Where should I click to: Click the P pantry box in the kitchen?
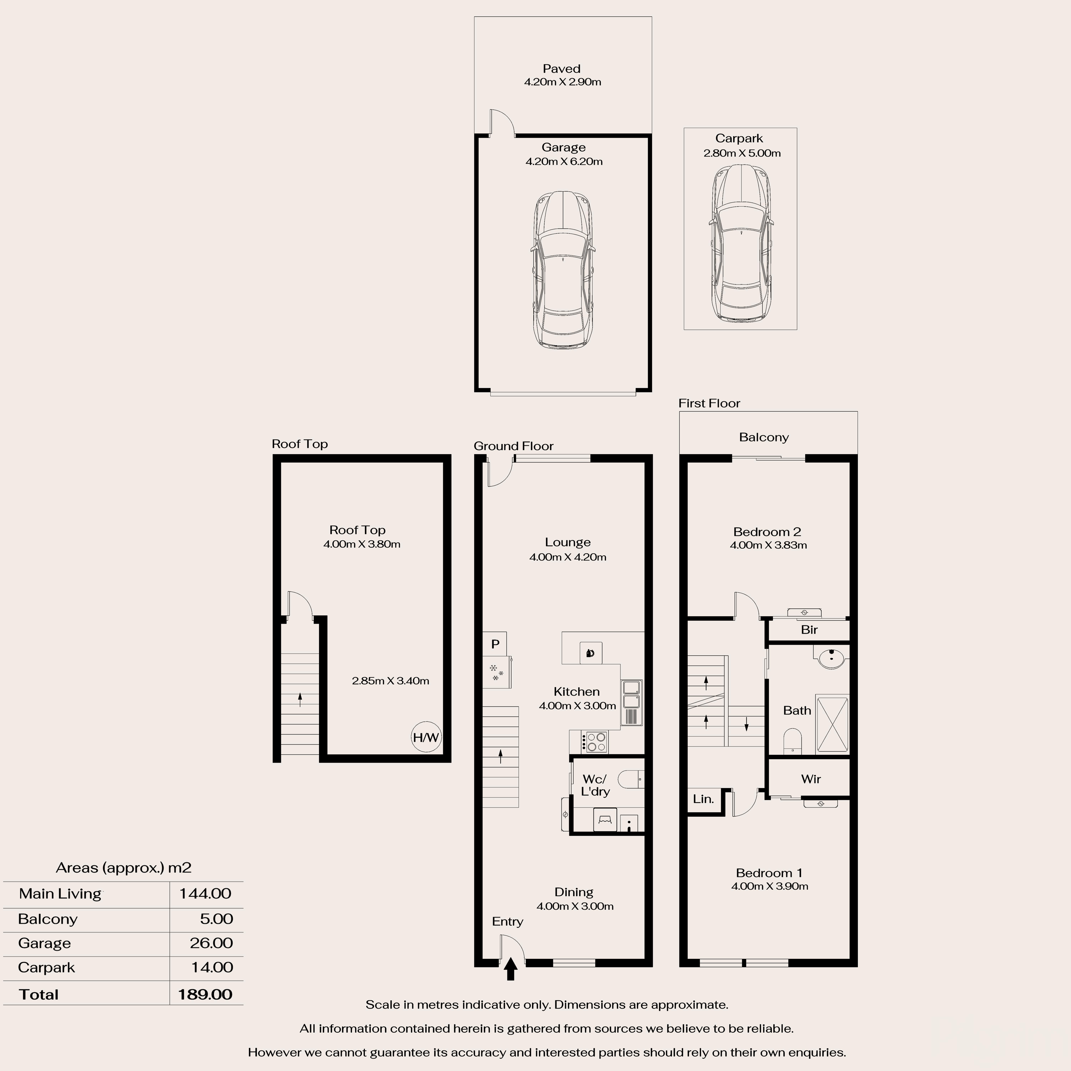click(495, 644)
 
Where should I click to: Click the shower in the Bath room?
click(832, 724)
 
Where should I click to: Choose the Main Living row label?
click(60, 894)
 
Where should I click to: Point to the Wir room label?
click(810, 779)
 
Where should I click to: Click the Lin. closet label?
click(703, 799)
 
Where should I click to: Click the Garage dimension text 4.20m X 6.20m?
click(564, 161)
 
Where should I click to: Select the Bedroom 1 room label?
click(769, 873)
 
